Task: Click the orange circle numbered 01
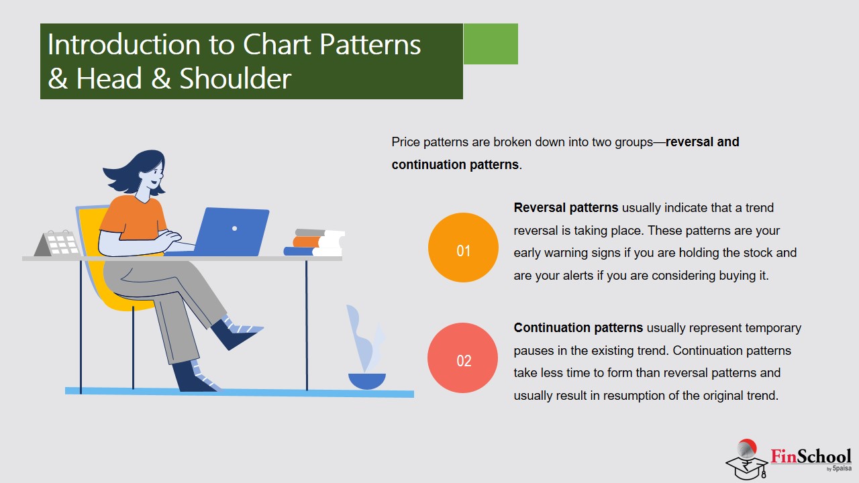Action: (463, 248)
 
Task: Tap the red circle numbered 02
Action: (463, 358)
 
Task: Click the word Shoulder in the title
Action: (236, 78)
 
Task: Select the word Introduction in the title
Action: (124, 44)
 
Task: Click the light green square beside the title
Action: (491, 44)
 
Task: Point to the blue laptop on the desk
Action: (232, 232)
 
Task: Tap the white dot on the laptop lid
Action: (235, 229)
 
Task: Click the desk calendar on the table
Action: (58, 243)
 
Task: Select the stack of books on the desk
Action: (314, 242)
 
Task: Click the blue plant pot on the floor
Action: (367, 381)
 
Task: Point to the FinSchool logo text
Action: (811, 457)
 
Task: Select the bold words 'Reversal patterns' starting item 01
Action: (566, 208)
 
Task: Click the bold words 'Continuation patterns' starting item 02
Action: (578, 328)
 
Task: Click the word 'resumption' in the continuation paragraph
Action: (634, 395)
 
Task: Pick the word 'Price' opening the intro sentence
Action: (406, 142)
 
